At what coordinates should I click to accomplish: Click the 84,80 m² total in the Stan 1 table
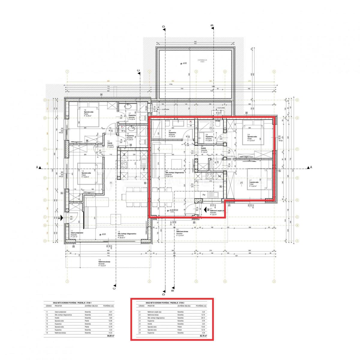[106, 336]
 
